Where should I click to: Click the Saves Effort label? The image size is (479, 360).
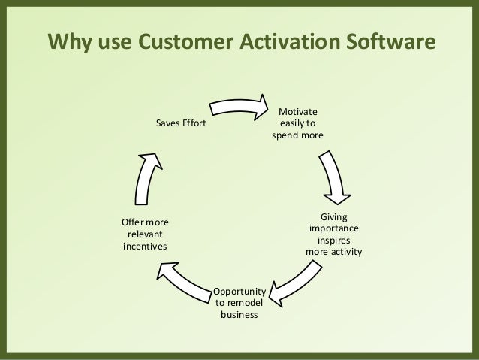[180, 123]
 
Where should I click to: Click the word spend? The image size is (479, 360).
[288, 136]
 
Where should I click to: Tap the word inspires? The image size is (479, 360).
[333, 240]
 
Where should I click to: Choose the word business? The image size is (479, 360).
[239, 314]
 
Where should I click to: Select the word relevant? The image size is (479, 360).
[145, 234]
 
